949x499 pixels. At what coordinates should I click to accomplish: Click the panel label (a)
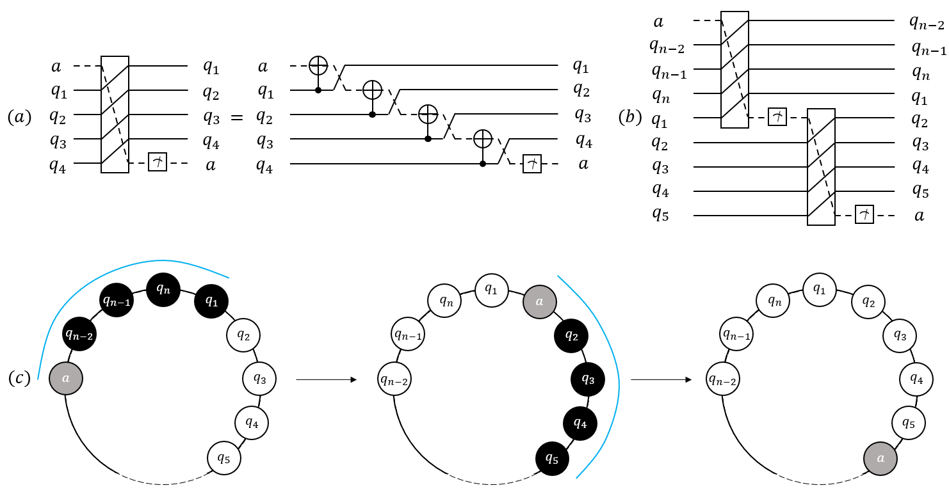point(19,117)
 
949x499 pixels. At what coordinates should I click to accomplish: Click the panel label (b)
point(630,117)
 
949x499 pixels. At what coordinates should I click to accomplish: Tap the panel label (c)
point(19,378)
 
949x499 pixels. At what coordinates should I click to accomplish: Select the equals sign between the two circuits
point(236,117)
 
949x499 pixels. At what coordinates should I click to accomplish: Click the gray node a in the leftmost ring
point(66,378)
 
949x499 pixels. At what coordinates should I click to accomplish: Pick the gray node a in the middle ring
point(539,302)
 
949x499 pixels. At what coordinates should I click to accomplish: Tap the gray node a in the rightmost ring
point(880,458)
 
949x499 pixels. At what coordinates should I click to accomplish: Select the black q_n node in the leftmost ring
point(163,290)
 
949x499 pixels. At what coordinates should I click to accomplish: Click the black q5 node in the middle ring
point(552,458)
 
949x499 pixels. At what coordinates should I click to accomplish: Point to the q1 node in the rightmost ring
point(820,290)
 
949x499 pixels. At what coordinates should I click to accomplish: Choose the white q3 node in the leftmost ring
point(259,379)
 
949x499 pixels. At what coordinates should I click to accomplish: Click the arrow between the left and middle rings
point(326,379)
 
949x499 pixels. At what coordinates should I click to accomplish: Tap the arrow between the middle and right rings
point(661,379)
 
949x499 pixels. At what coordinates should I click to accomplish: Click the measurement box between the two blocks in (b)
point(777,117)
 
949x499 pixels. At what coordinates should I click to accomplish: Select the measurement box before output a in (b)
point(864,214)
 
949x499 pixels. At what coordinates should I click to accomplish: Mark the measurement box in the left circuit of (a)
point(157,162)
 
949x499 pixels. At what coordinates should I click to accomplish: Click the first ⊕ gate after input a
point(318,66)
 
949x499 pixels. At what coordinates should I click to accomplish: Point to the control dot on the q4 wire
point(483,163)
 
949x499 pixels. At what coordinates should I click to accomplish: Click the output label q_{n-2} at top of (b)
point(927,23)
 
